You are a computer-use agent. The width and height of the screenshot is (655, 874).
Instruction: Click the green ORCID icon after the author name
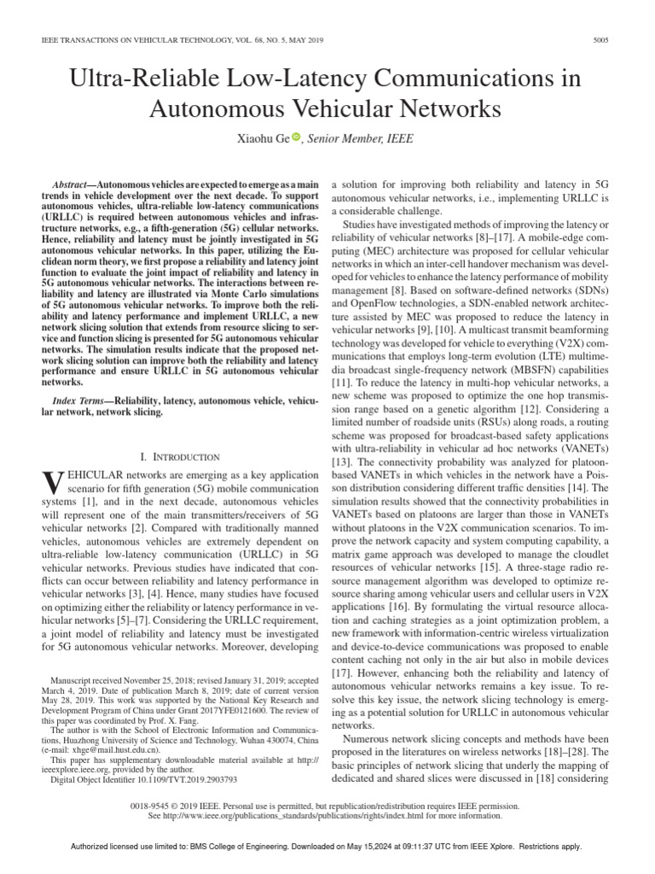click(297, 137)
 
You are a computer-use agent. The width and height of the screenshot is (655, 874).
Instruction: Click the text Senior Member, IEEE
click(354, 137)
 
